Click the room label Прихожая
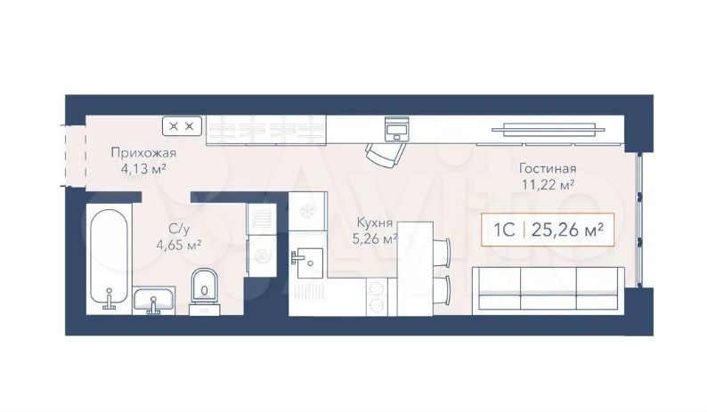point(143,154)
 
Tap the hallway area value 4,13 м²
point(143,170)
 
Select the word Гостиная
point(548,168)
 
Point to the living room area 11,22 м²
point(548,184)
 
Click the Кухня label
point(374,222)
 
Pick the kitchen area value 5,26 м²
point(374,238)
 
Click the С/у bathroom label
point(179,230)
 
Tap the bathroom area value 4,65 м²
point(179,246)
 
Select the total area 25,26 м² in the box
point(568,230)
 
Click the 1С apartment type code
point(504,230)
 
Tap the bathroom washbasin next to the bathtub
point(154,300)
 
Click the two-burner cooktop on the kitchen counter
point(376,296)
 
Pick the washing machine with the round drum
point(261,255)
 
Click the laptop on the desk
point(397,128)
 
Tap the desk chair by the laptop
point(385,154)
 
